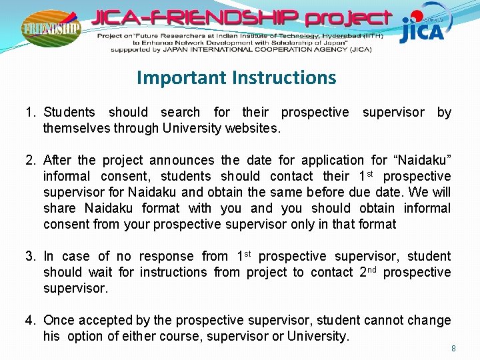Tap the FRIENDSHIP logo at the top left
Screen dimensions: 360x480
pyautogui.click(x=51, y=29)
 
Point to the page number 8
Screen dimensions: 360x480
pyautogui.click(x=453, y=348)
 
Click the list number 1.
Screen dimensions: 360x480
pyautogui.click(x=30, y=112)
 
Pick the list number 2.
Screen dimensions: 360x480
pyautogui.click(x=30, y=160)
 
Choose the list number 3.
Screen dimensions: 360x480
pyautogui.click(x=30, y=256)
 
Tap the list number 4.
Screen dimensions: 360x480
pyautogui.click(x=30, y=320)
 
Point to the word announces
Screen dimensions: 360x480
pyautogui.click(x=182, y=160)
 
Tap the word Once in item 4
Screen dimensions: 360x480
pyautogui.click(x=59, y=320)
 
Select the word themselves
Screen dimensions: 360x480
pyautogui.click(x=73, y=128)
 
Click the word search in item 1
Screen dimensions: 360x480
pyautogui.click(x=180, y=112)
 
